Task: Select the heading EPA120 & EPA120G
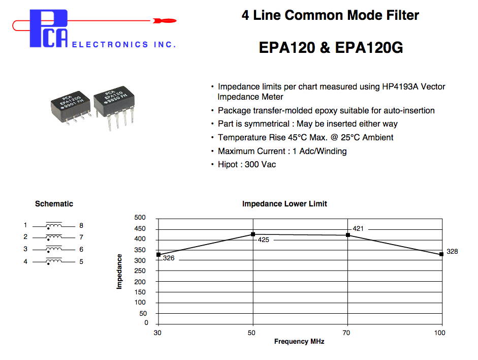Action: [x=331, y=48]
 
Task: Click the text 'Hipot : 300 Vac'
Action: [x=247, y=164]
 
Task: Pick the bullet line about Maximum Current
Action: [x=282, y=151]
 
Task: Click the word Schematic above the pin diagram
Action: [x=54, y=204]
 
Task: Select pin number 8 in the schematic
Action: [x=81, y=225]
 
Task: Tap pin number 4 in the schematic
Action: [x=25, y=262]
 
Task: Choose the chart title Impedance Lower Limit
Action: [x=284, y=204]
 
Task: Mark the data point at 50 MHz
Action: [x=253, y=234]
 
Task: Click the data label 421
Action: [x=358, y=229]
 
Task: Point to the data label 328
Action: [x=452, y=252]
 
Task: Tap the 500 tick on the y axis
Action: [x=140, y=218]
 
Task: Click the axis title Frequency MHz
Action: [x=299, y=342]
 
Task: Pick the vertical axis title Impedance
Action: [x=120, y=272]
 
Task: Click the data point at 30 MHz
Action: [x=158, y=254]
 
